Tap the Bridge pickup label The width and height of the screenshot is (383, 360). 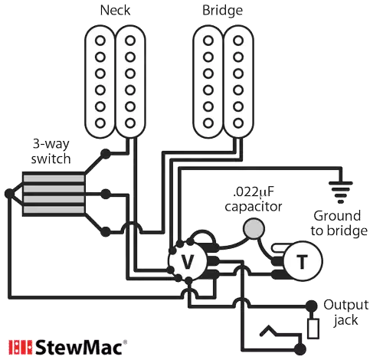coord(222,11)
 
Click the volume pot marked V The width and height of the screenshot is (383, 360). coord(187,262)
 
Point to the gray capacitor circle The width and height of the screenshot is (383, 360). coord(252,227)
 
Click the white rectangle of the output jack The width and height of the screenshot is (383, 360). coord(314,329)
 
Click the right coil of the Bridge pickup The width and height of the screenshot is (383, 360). coord(239,78)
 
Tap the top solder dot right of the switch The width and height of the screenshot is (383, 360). coord(106,152)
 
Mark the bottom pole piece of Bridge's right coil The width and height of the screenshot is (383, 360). coord(239,118)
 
